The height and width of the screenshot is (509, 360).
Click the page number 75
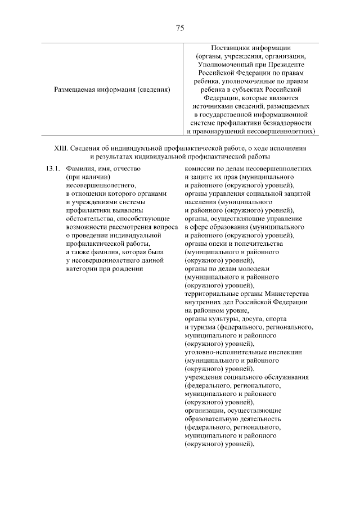coord(180,28)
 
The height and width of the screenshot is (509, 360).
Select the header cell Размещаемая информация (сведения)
coord(112,89)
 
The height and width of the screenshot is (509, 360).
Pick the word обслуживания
coord(287,378)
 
